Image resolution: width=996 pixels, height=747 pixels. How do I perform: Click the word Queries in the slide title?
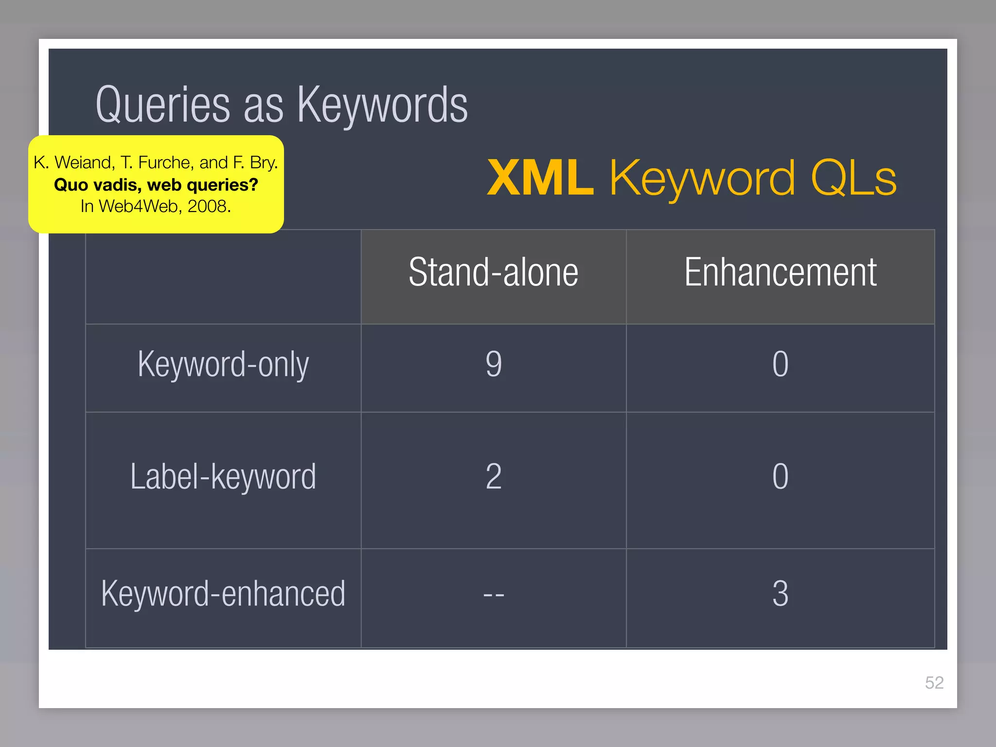[162, 106]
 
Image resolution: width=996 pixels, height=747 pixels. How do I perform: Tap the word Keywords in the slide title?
[382, 106]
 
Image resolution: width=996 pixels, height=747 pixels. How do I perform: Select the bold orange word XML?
[540, 178]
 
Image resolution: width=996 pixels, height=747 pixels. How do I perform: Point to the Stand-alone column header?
[493, 272]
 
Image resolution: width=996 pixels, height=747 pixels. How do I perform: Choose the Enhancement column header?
[780, 272]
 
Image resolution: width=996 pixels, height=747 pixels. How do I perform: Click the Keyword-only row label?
[223, 364]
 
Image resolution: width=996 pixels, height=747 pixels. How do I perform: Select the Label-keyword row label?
[223, 477]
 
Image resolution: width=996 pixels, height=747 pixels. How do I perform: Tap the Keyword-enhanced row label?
[223, 594]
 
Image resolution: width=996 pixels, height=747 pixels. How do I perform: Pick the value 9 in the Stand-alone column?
[494, 364]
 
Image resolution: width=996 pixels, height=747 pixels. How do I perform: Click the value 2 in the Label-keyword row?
[494, 477]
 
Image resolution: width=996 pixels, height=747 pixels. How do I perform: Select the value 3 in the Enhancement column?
[780, 594]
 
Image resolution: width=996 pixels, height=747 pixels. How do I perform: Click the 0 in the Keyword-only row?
[780, 364]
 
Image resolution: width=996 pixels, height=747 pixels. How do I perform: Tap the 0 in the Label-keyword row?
[780, 477]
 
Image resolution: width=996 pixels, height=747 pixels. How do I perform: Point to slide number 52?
[934, 683]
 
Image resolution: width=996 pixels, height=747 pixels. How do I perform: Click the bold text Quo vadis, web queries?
[156, 185]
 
